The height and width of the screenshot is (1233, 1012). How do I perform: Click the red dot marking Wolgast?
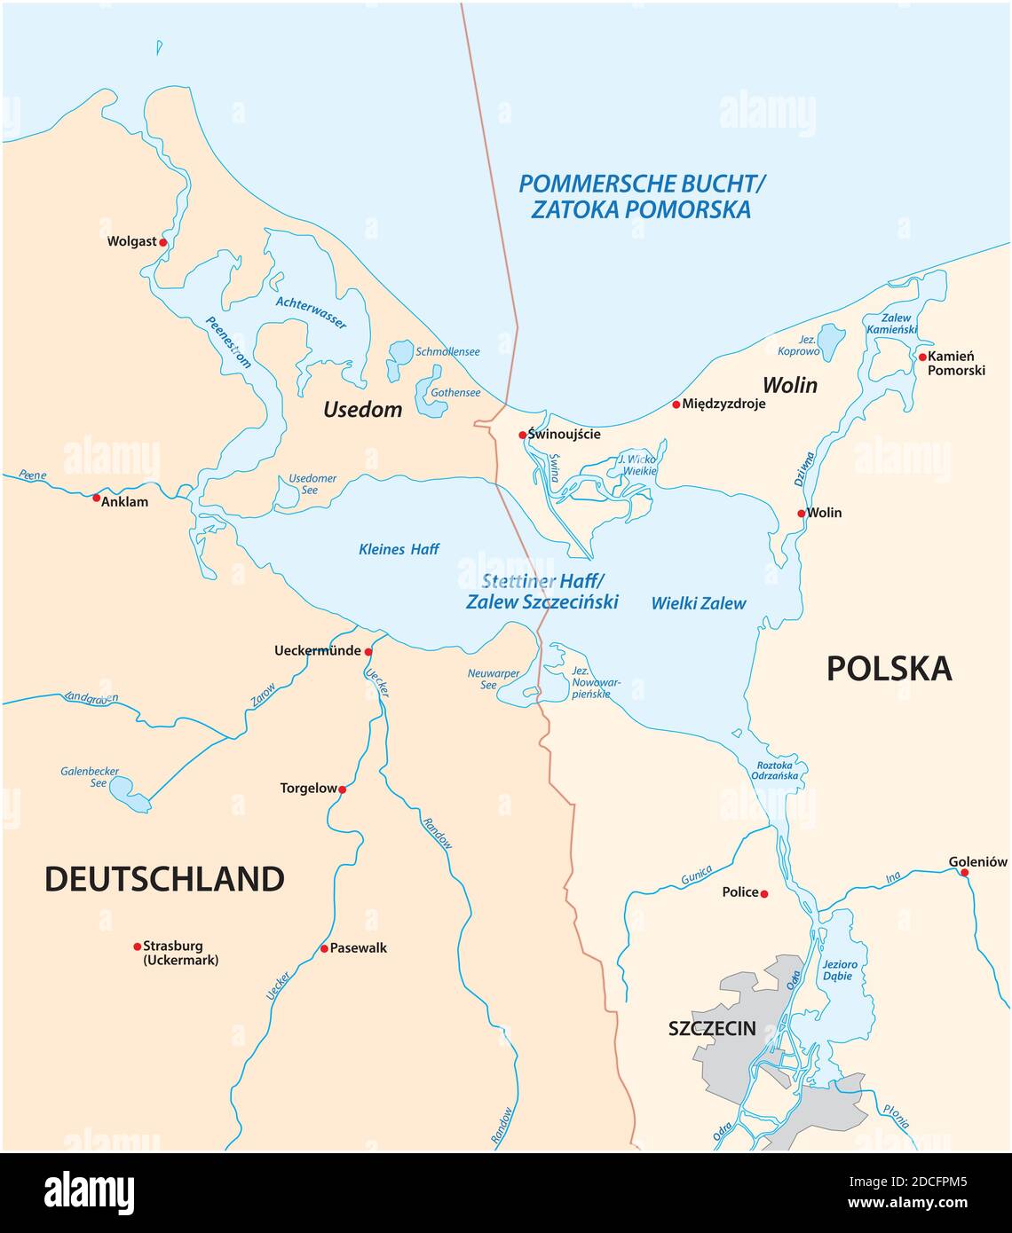click(162, 241)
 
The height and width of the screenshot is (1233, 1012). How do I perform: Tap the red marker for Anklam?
click(97, 498)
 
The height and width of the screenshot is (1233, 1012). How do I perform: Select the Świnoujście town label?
click(565, 435)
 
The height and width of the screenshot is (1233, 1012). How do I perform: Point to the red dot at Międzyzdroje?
click(676, 404)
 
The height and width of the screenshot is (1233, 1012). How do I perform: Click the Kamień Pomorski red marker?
click(922, 357)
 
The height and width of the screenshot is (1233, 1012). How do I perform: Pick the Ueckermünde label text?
click(317, 650)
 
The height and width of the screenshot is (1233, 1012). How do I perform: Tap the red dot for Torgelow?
click(342, 789)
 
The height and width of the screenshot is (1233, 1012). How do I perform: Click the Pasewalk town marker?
click(324, 948)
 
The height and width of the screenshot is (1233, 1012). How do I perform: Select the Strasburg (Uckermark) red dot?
click(137, 946)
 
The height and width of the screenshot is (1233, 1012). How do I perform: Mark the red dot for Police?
click(764, 893)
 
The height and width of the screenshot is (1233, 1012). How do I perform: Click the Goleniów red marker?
click(965, 872)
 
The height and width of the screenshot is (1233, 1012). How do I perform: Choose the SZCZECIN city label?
click(712, 1029)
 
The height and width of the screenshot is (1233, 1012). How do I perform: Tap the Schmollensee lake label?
click(447, 352)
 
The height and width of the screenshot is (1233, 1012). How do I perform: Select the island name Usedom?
click(362, 410)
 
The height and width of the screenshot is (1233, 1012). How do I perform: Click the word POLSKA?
click(889, 669)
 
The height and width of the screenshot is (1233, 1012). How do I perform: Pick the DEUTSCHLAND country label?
click(164, 879)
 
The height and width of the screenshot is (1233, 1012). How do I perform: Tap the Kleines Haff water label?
click(399, 549)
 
